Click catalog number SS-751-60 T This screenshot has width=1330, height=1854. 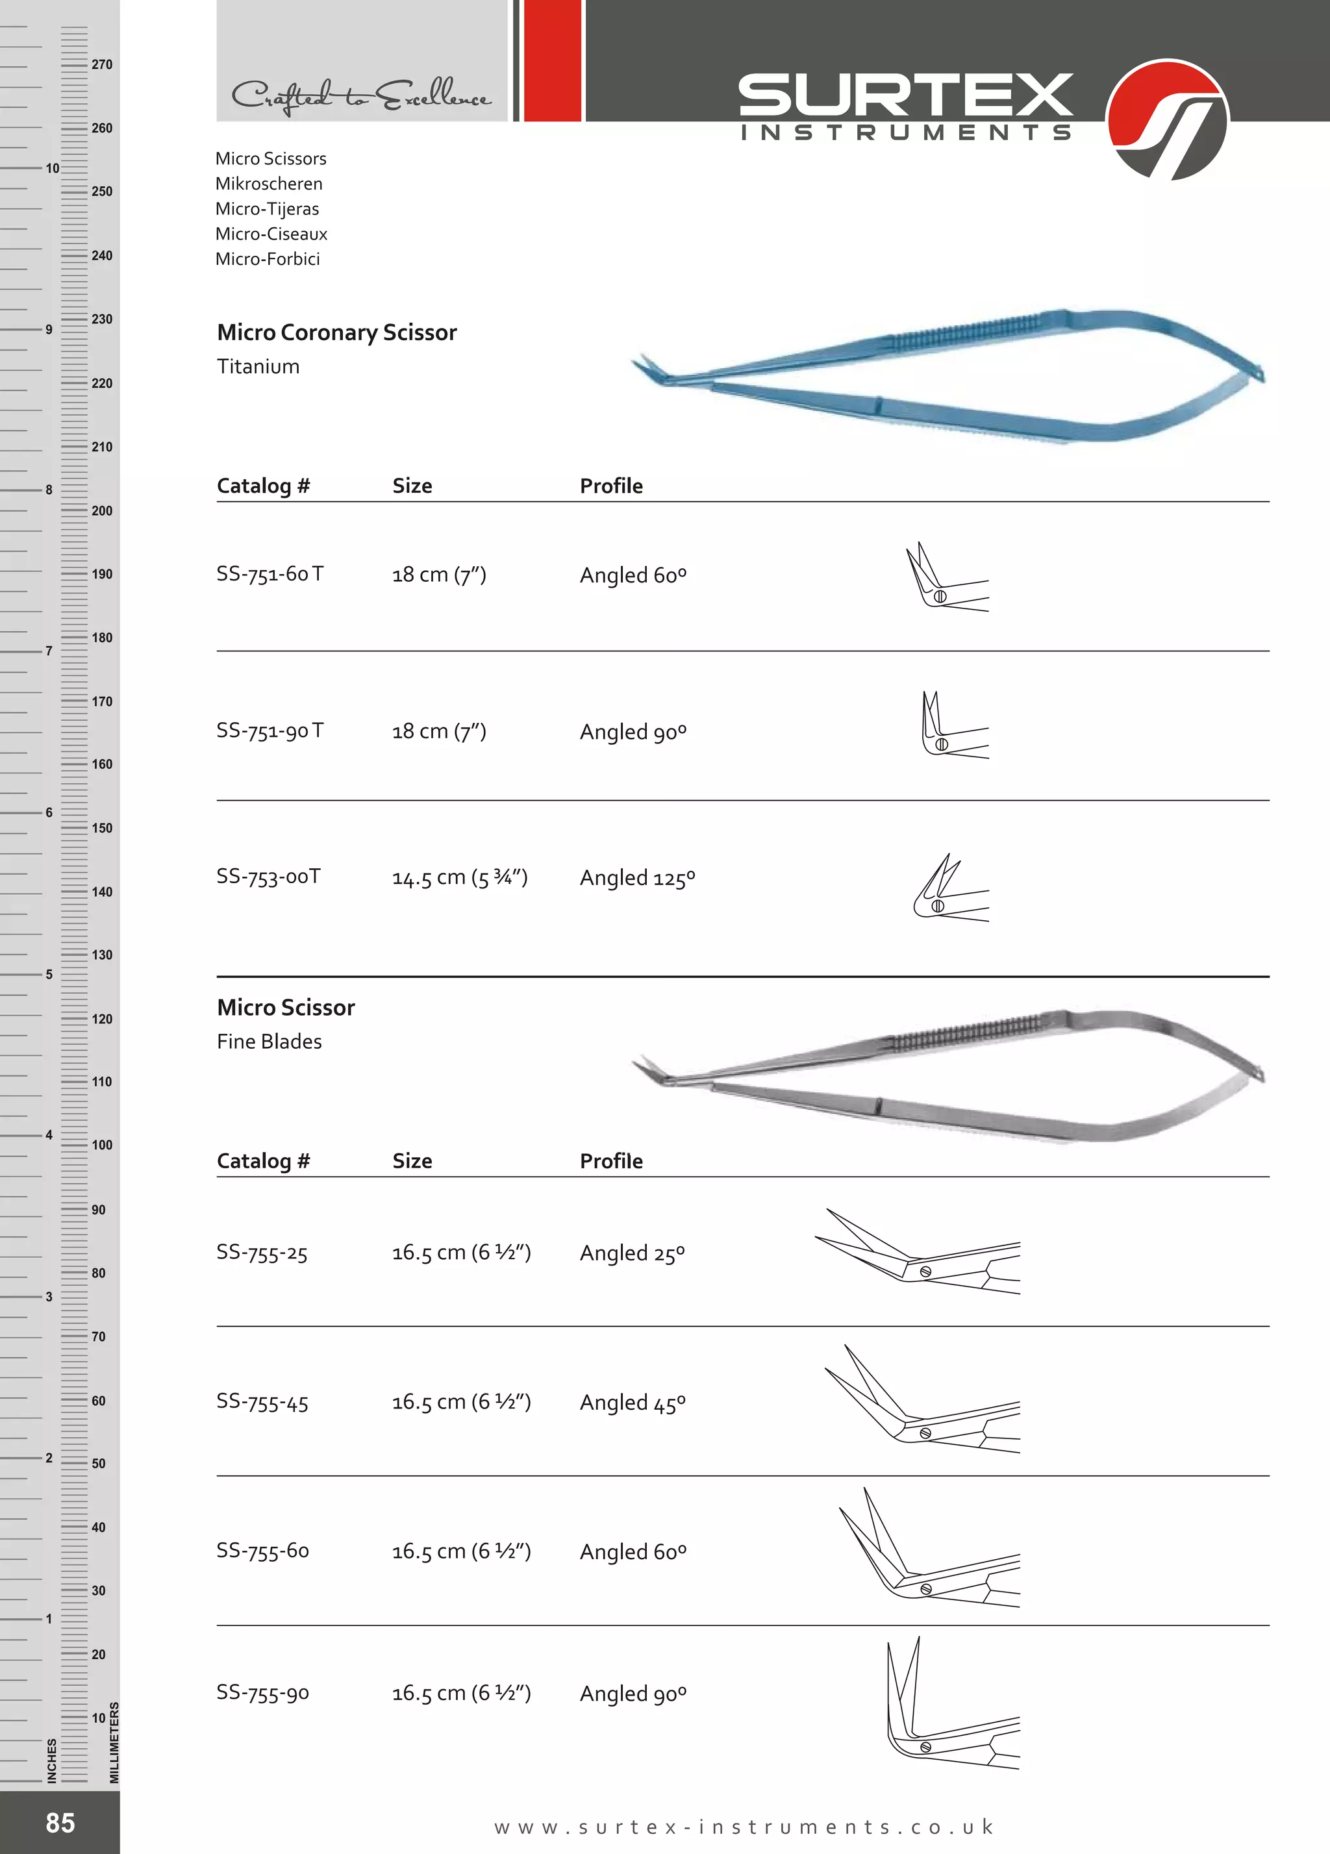click(x=270, y=574)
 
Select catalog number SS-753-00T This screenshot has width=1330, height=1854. click(x=268, y=876)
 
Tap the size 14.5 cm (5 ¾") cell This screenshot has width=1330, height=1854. click(x=459, y=877)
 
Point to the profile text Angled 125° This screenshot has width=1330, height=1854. click(x=637, y=878)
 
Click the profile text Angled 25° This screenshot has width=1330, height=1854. click(x=632, y=1253)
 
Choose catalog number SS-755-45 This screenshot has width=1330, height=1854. click(x=262, y=1402)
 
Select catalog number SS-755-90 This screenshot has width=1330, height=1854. click(x=262, y=1692)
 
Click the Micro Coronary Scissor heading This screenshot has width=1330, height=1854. click(x=337, y=332)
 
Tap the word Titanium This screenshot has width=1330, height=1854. click(x=258, y=366)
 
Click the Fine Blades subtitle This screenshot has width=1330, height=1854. click(x=269, y=1042)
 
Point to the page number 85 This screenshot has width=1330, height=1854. click(x=60, y=1822)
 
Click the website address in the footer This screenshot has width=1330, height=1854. click(x=743, y=1826)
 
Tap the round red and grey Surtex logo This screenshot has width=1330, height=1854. click(x=1166, y=119)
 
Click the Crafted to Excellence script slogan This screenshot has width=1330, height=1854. click(x=360, y=97)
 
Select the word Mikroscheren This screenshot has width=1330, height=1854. click(x=269, y=184)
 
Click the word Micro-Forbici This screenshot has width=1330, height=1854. click(x=268, y=259)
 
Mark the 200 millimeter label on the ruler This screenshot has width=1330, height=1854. click(x=102, y=511)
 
